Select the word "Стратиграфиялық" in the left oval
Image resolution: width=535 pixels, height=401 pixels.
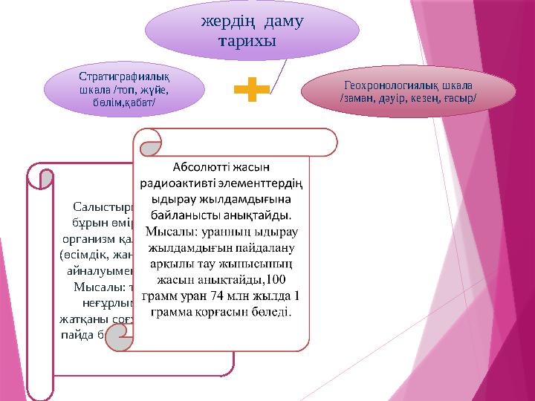117,76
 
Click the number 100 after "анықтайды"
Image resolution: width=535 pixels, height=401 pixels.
275,281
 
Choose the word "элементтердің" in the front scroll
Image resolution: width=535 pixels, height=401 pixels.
264,183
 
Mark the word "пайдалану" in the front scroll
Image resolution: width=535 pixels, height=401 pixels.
266,248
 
